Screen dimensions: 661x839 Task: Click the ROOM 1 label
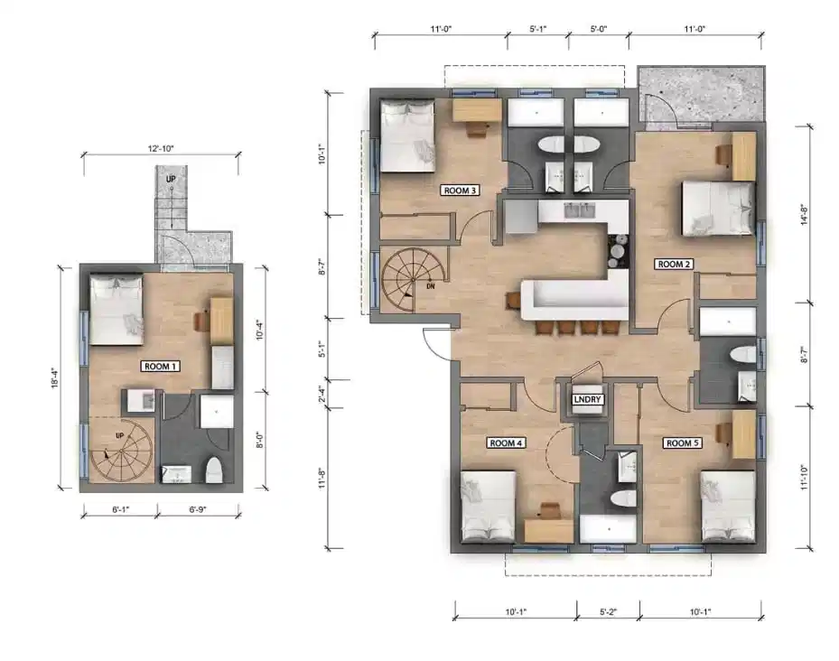pyautogui.click(x=161, y=366)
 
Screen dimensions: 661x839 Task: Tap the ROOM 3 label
pyautogui.click(x=460, y=191)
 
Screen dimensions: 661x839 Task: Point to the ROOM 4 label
pyautogui.click(x=506, y=442)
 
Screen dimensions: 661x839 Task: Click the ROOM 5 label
pyautogui.click(x=682, y=442)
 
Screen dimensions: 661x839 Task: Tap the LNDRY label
pyautogui.click(x=588, y=398)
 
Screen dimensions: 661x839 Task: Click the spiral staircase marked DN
pyautogui.click(x=414, y=280)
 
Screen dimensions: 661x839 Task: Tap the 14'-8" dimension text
pyautogui.click(x=802, y=218)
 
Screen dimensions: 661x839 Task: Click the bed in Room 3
pyautogui.click(x=407, y=135)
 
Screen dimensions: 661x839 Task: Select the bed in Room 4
pyautogui.click(x=489, y=507)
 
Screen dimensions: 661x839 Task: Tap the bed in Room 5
pyautogui.click(x=728, y=507)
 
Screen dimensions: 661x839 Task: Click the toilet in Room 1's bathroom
pyautogui.click(x=214, y=470)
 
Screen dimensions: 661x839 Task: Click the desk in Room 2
pyautogui.click(x=742, y=156)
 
